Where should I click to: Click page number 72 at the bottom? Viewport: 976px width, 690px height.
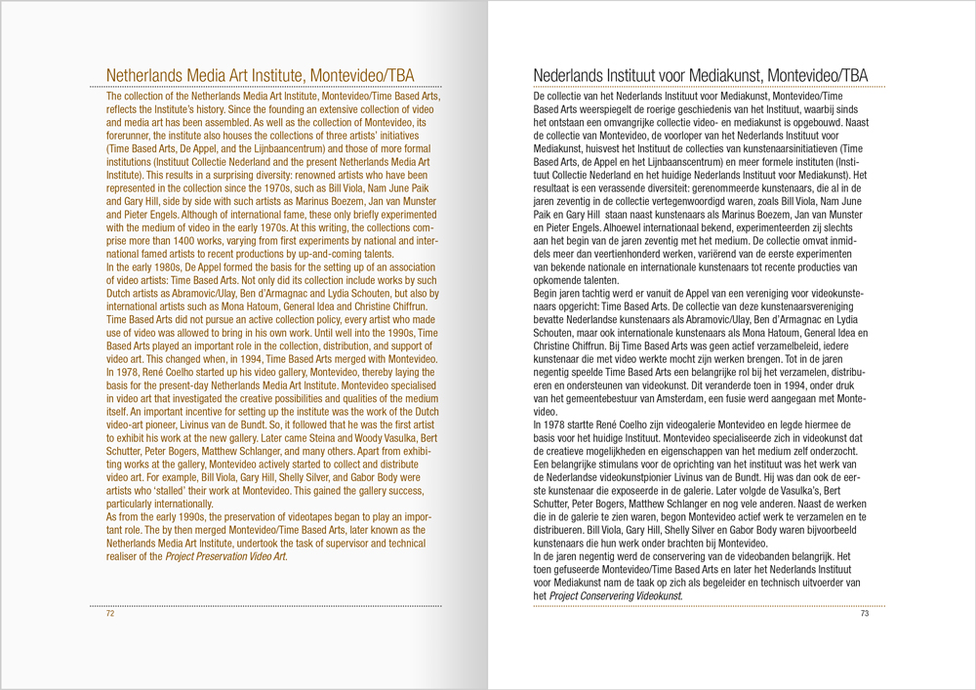[x=110, y=614]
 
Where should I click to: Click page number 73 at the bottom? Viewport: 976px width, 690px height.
[x=864, y=614]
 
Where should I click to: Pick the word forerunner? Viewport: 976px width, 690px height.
[x=130, y=137]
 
